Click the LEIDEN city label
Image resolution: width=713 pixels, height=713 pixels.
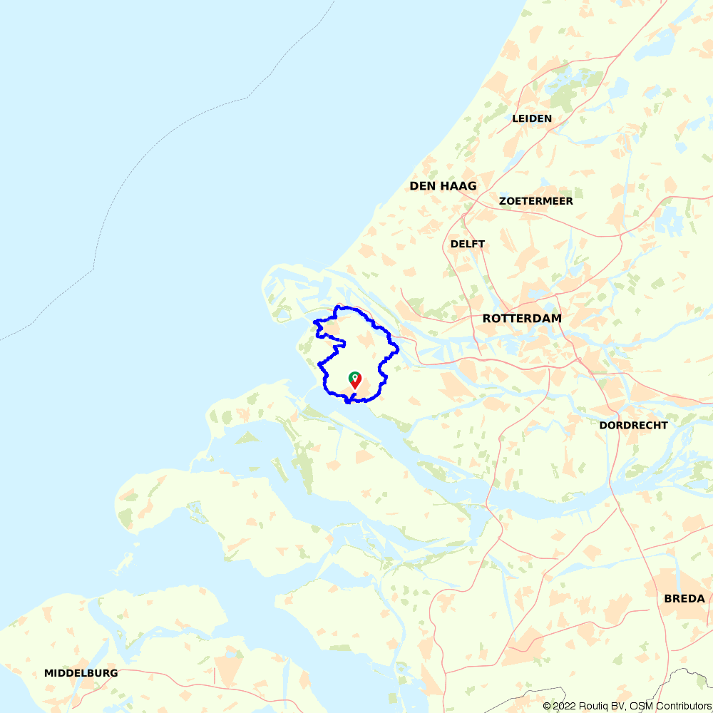tap(532, 118)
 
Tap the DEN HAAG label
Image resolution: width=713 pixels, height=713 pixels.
tap(443, 186)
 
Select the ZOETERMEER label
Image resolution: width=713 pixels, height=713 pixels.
tap(536, 201)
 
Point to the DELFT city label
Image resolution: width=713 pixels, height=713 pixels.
tap(468, 244)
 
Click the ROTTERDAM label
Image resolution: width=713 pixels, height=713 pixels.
tap(522, 319)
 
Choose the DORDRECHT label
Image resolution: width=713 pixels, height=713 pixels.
tap(634, 425)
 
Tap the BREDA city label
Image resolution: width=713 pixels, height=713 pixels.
tap(684, 598)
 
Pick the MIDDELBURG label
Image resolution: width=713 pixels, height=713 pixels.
tap(81, 673)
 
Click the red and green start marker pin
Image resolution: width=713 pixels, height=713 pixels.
tap(354, 380)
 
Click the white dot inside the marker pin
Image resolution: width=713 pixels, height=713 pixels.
tap(354, 376)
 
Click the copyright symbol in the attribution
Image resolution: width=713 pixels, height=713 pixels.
tap(547, 706)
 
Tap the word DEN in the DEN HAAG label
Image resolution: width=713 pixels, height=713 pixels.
tap(421, 186)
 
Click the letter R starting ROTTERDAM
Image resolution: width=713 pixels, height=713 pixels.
tap(487, 319)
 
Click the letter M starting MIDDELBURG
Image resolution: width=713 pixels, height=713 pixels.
tap(48, 673)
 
